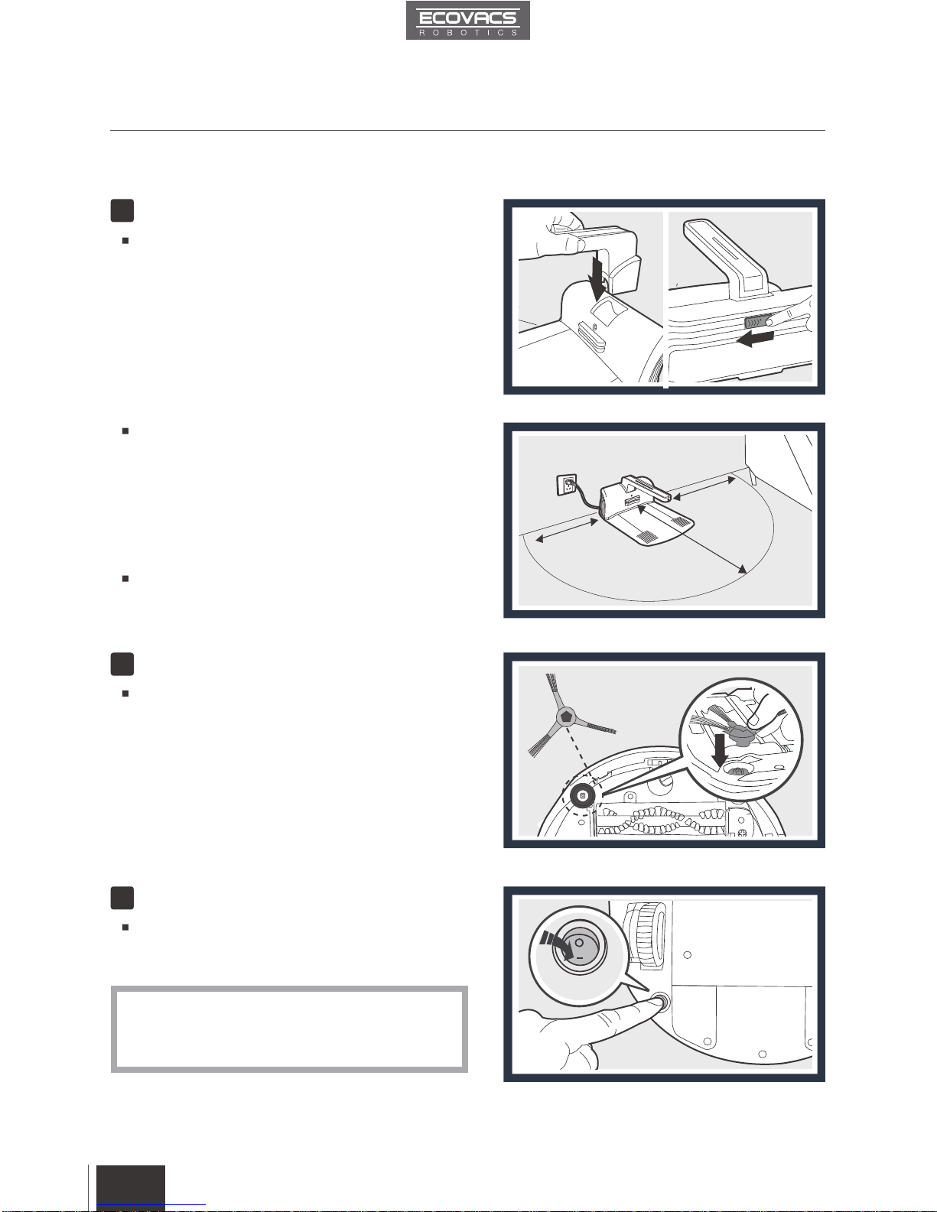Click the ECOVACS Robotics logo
[x=467, y=20]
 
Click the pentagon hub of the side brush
[x=567, y=716]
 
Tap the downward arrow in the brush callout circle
[x=720, y=750]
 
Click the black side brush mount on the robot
[x=582, y=796]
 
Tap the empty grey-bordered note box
[x=289, y=1029]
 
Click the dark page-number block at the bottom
[x=131, y=1188]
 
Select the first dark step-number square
[x=122, y=210]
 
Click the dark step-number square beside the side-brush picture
[x=122, y=664]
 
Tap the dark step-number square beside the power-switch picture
[x=122, y=898]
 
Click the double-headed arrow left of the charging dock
[x=567, y=530]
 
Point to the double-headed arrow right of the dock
[x=704, y=488]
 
